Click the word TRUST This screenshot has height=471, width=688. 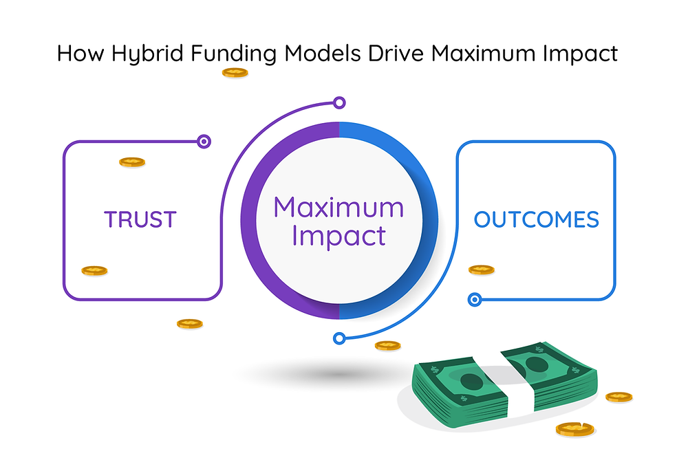point(140,219)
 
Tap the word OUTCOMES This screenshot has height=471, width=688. point(536,219)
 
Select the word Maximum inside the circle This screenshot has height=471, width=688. point(338,207)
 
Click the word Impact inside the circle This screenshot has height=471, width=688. point(338,236)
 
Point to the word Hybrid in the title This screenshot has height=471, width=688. point(147,54)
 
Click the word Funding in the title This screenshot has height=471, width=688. point(233,54)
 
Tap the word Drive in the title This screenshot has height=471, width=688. point(396,53)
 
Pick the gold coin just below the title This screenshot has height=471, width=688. point(235,73)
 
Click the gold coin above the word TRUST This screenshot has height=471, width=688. point(132,162)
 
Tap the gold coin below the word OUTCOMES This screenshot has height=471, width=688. point(482,270)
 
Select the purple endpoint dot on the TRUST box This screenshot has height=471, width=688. point(204,142)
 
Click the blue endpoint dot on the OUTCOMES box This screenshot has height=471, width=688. point(474,300)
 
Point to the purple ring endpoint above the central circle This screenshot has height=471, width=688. point(339,103)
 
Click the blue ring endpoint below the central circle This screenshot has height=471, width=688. point(338,338)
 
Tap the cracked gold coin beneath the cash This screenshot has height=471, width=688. point(574,429)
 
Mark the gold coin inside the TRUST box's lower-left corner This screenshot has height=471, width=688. point(94,271)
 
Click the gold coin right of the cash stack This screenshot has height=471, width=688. point(619,397)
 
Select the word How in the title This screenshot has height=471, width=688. point(80,53)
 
